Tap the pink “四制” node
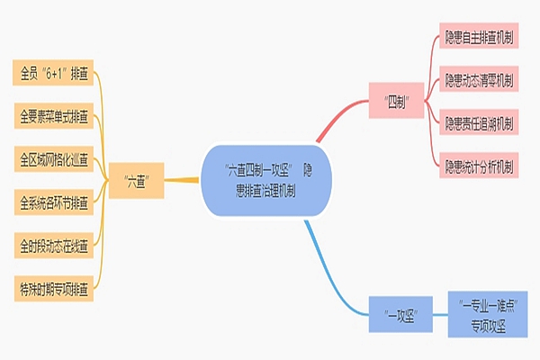point(397,101)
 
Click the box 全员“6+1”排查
point(53,73)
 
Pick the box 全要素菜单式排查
point(53,116)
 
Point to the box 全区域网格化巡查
point(53,160)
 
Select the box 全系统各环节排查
point(53,203)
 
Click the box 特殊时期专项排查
point(53,290)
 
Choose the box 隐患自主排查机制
point(479,39)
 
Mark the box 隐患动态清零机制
point(479,80)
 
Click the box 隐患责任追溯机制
point(479,121)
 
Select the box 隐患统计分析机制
point(479,165)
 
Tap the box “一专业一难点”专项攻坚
point(492,313)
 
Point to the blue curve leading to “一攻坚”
point(333,270)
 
